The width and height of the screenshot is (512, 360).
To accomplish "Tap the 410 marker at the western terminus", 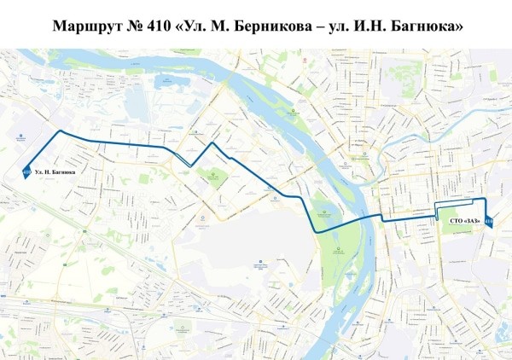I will (26, 172).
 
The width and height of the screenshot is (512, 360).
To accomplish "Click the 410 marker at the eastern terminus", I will (488, 223).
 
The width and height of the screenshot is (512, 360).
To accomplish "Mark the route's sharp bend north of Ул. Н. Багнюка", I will (60, 131).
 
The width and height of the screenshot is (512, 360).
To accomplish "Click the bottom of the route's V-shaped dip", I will (190, 165).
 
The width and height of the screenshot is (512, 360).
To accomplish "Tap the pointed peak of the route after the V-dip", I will (212, 144).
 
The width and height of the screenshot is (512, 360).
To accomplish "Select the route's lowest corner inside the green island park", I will (317, 232).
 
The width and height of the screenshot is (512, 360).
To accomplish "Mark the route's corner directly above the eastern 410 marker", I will (485, 198).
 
